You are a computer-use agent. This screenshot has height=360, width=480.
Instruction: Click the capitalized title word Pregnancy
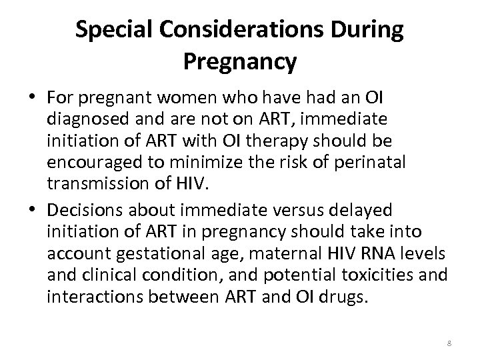(239, 62)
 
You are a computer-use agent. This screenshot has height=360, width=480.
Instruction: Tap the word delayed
(361, 211)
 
